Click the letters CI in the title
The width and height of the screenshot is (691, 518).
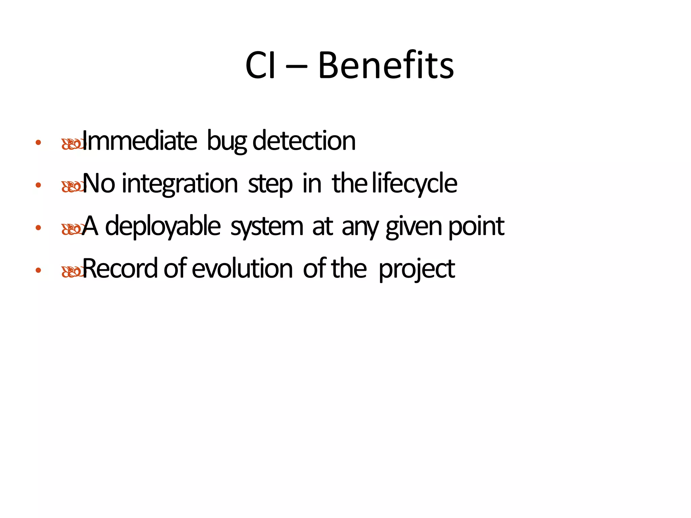point(260,66)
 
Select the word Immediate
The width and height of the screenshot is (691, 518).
point(139,141)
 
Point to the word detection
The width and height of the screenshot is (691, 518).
point(304,141)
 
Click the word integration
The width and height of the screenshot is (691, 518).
point(180,184)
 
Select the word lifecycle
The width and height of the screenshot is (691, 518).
point(415,184)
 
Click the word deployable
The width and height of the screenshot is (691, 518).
point(163,227)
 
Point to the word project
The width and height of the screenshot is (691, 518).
point(417,269)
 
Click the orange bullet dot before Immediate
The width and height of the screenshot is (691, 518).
point(38,143)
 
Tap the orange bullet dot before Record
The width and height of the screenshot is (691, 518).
point(38,270)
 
